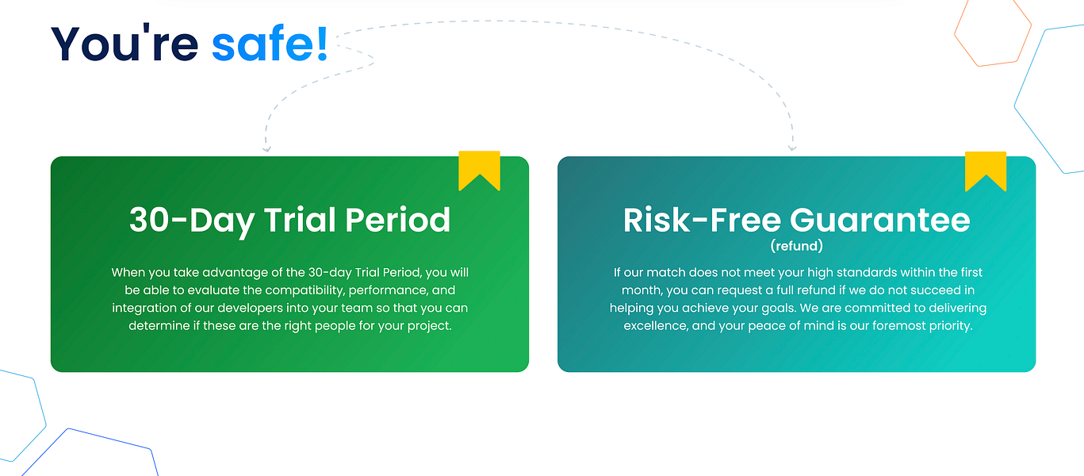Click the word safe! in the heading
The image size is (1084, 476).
click(x=270, y=44)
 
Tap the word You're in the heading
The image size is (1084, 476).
click(x=124, y=44)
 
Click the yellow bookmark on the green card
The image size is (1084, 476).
click(x=479, y=171)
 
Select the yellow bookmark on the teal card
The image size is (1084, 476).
click(x=986, y=171)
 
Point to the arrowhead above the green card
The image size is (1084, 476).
click(x=266, y=149)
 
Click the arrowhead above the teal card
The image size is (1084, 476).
click(x=792, y=148)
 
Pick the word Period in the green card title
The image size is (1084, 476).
click(x=398, y=221)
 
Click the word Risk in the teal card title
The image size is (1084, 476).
click(x=657, y=221)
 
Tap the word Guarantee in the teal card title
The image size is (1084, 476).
click(x=880, y=221)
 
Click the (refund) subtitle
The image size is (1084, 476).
click(x=797, y=246)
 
